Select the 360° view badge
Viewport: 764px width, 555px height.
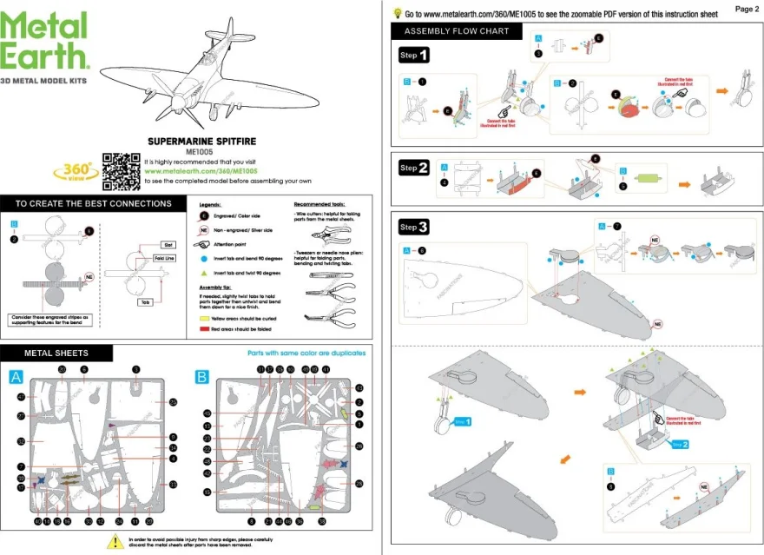(76, 169)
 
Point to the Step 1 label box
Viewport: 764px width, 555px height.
(413, 56)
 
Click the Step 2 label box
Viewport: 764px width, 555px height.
(413, 168)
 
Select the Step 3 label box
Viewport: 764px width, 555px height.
(413, 228)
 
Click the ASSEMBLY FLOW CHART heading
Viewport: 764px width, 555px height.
(456, 32)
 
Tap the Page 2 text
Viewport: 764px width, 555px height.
(746, 9)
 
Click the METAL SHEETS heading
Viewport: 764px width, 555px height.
(56, 353)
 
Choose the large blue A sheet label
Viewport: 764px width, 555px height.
(16, 377)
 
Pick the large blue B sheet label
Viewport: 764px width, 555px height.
(202, 377)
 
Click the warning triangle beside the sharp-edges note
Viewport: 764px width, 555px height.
(113, 541)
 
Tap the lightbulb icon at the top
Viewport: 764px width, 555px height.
(398, 13)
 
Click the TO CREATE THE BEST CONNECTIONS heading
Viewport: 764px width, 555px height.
(93, 203)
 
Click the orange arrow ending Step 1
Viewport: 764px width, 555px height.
(722, 89)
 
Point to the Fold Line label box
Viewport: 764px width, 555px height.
(166, 259)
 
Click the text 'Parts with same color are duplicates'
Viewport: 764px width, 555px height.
(306, 353)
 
